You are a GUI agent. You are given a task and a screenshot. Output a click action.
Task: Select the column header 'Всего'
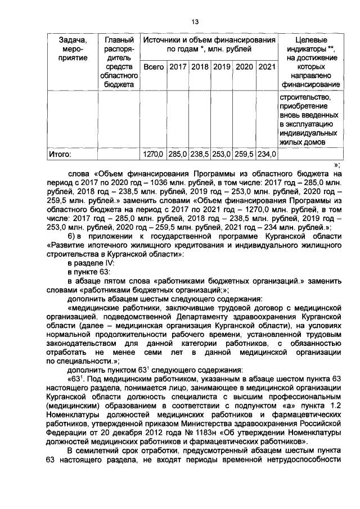(x=153, y=67)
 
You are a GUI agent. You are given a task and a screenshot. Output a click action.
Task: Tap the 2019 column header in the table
(x=222, y=67)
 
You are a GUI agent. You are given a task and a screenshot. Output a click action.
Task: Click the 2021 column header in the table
(x=265, y=67)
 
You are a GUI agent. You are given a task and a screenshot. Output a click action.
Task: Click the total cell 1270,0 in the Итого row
(x=152, y=152)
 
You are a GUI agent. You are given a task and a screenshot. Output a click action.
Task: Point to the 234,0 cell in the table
(x=266, y=152)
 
